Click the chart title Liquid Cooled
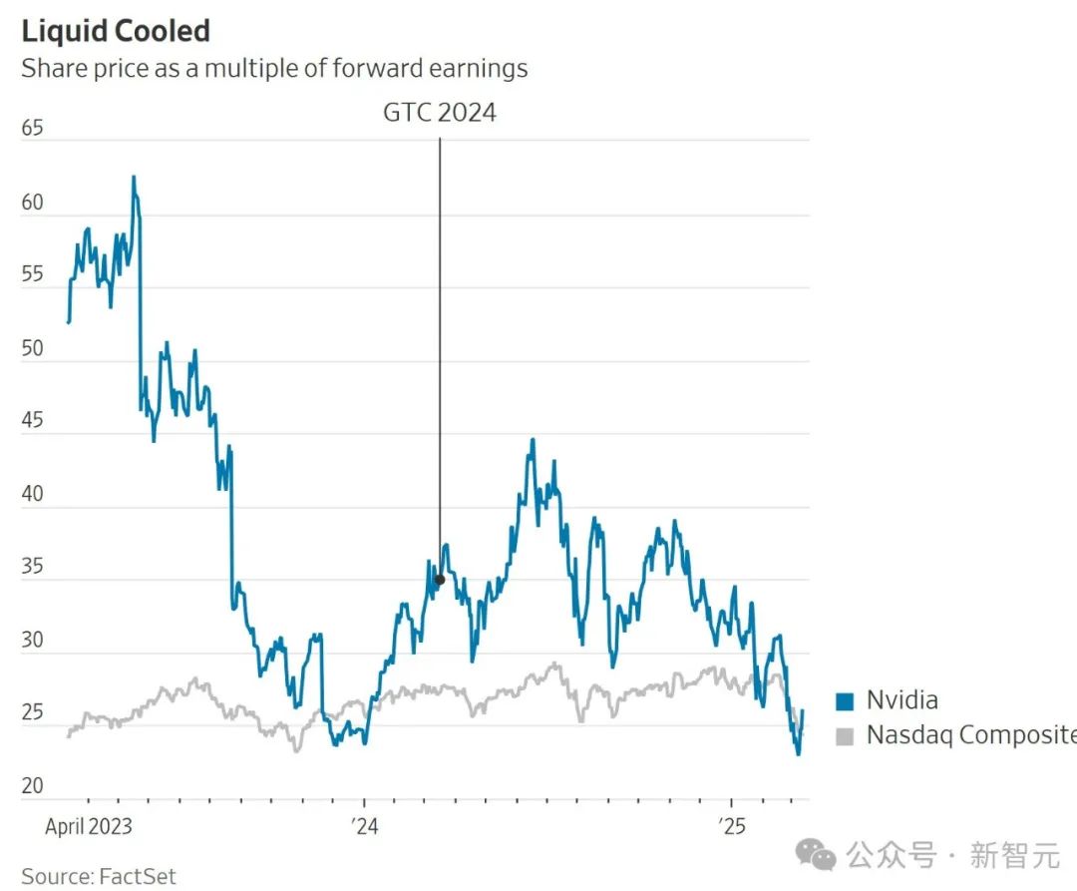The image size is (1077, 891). point(116,31)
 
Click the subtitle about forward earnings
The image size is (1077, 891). point(274,68)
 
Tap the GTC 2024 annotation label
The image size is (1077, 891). point(440,112)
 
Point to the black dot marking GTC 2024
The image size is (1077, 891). point(440,580)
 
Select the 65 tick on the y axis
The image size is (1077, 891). point(33,129)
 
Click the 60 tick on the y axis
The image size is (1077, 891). point(33,203)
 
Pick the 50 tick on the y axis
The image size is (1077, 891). point(33,348)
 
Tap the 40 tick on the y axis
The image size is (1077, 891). point(33,494)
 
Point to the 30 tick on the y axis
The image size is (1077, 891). point(33,640)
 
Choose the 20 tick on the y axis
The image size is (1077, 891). point(33,785)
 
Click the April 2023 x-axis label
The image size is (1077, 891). point(89,826)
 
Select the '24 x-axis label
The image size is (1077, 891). point(365,826)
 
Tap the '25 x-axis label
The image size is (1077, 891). point(732,826)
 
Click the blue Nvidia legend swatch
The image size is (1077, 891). point(845,701)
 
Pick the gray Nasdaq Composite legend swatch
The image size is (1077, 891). point(845,736)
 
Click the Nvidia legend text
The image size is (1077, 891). point(901,700)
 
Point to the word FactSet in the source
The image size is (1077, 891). point(137,876)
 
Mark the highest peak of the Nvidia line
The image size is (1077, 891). point(134,178)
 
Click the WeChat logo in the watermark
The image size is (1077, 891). point(821,855)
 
